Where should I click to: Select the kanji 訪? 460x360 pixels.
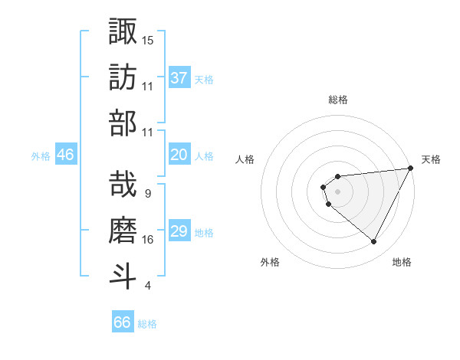coord(123,77)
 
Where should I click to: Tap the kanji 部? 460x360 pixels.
coord(123,123)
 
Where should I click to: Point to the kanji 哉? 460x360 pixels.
coord(123,184)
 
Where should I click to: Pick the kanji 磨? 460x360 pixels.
coord(123,230)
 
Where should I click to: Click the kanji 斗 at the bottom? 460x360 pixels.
coord(123,277)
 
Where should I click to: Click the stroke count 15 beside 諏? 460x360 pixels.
coord(148,39)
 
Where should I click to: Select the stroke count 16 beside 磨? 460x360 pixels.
coord(148,240)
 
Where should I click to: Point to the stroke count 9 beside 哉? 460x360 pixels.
coord(147,193)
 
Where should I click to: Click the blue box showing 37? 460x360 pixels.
coord(179,77)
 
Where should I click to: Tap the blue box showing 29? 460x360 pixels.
coord(179,231)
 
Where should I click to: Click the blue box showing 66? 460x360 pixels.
coord(123,322)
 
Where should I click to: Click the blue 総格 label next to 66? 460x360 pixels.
coord(147,324)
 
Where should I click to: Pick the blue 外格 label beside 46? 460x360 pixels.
coord(41,156)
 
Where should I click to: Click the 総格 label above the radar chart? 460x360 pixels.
coord(338,100)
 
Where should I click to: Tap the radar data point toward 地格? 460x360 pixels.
coord(374,242)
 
